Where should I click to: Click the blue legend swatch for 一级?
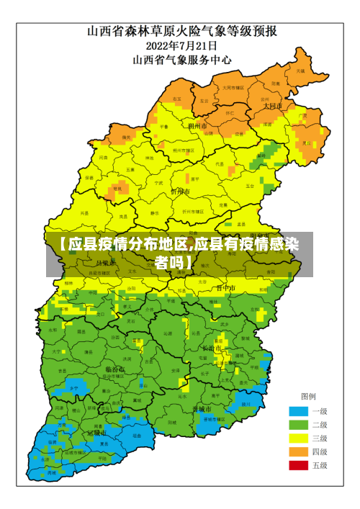coord(297,411)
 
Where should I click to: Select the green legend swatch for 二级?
coord(297,425)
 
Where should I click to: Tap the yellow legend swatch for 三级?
coord(297,438)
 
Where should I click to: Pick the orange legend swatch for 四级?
coord(297,451)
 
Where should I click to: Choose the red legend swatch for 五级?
coord(297,465)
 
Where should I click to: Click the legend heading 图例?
coord(307,397)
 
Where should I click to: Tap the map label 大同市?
coord(273,106)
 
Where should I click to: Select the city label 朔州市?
coord(197,125)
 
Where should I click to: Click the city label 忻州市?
coord(180,192)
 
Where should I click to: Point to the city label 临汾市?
coord(115,369)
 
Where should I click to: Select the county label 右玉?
coord(177,99)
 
